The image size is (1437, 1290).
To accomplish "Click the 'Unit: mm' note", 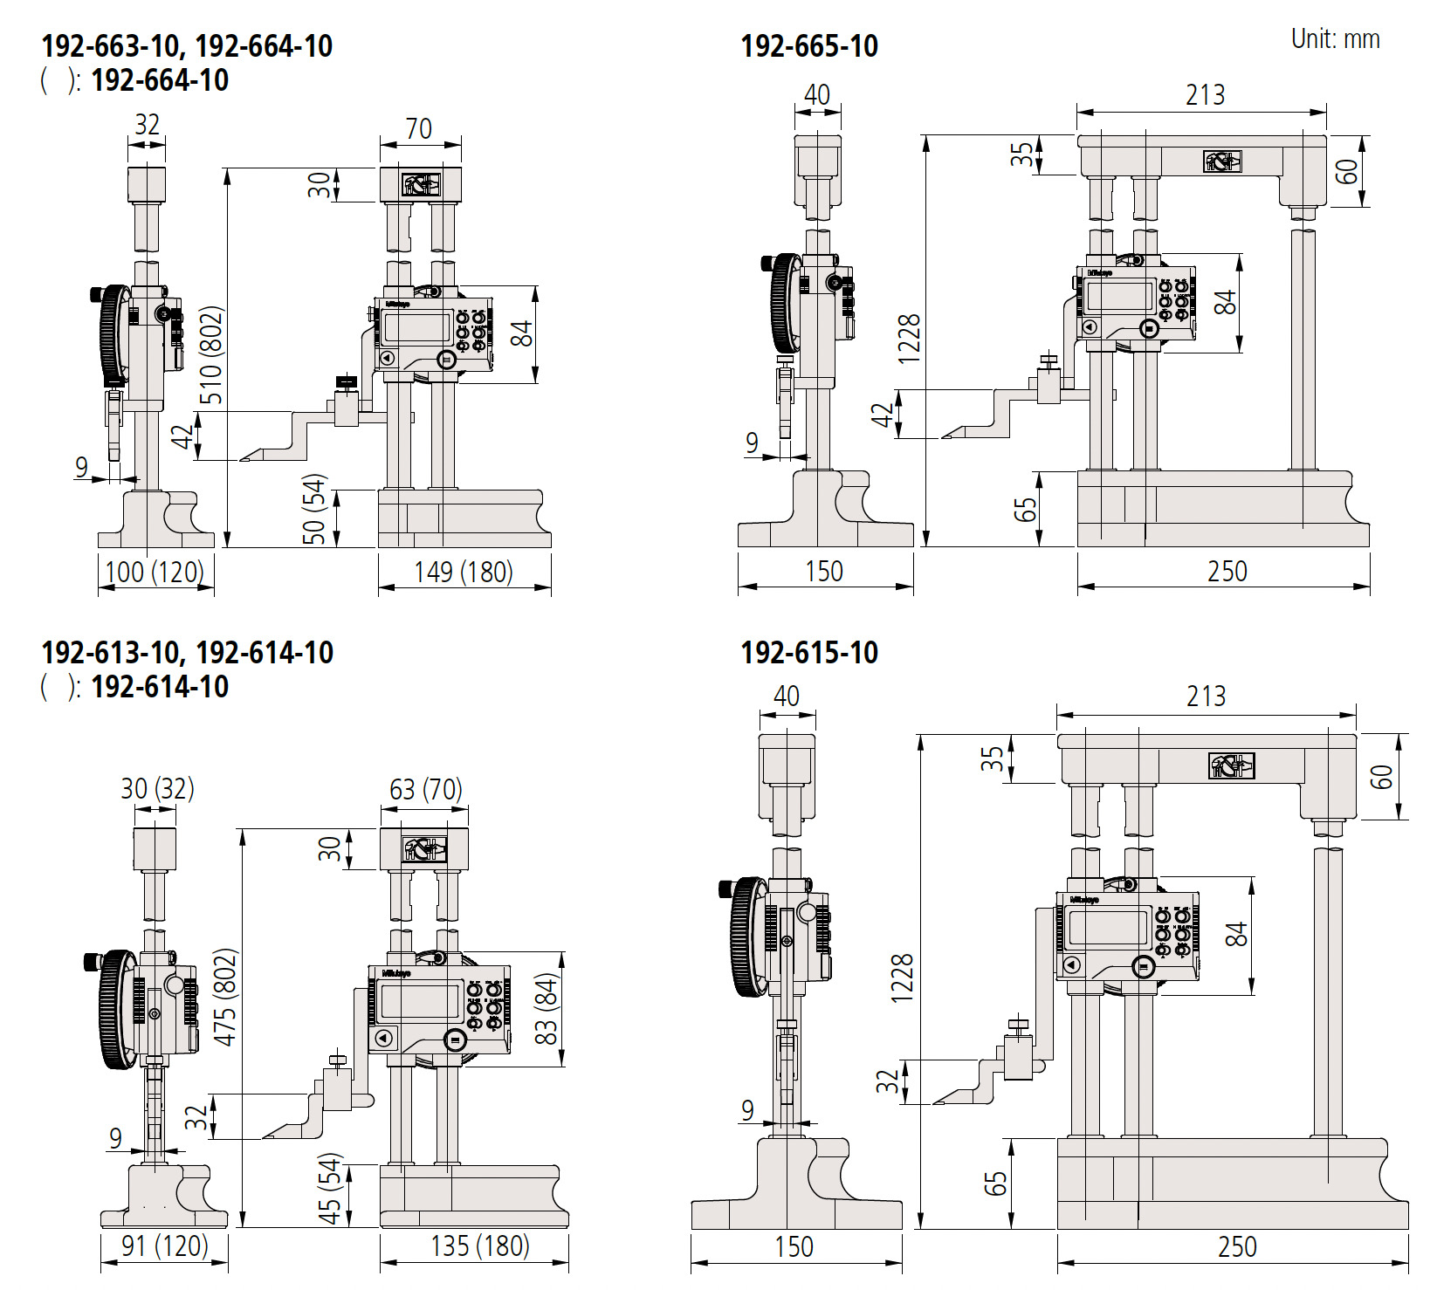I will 1335,39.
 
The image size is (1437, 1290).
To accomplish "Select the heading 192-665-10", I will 808,46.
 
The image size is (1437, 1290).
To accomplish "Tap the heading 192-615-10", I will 808,653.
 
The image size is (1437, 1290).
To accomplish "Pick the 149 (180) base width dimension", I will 463,573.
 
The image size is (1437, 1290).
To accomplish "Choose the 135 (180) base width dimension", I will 479,1245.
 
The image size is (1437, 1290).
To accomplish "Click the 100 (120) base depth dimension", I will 155,573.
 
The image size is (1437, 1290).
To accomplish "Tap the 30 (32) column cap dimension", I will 157,789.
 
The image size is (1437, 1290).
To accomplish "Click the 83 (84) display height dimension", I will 546,1008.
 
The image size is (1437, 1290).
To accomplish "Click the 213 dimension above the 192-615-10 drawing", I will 1206,696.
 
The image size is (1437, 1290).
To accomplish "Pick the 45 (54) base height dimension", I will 330,1189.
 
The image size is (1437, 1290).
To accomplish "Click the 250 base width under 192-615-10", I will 1237,1246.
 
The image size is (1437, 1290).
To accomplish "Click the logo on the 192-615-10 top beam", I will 1231,765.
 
